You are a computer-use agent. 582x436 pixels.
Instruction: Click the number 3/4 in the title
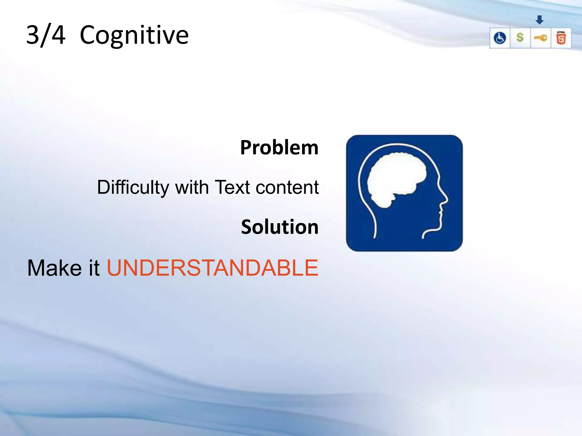coord(46,35)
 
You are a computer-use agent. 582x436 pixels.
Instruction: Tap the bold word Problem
coord(279,148)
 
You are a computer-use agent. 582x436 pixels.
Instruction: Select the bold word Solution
coord(280,227)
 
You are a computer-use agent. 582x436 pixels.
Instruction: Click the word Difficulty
coord(133,187)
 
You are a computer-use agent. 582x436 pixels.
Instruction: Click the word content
coord(287,187)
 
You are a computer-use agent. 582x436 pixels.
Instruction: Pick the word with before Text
coord(192,187)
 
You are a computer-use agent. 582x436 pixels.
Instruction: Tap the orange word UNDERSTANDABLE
coord(212,268)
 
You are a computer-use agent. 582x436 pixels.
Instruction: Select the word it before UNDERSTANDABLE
coord(94,268)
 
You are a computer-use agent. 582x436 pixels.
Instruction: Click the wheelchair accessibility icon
coord(500,38)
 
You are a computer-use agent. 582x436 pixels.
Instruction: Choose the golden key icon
coord(540,38)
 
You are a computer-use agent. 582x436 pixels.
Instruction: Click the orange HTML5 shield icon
coord(561,38)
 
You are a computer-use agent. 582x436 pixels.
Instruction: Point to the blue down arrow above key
coord(539,20)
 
